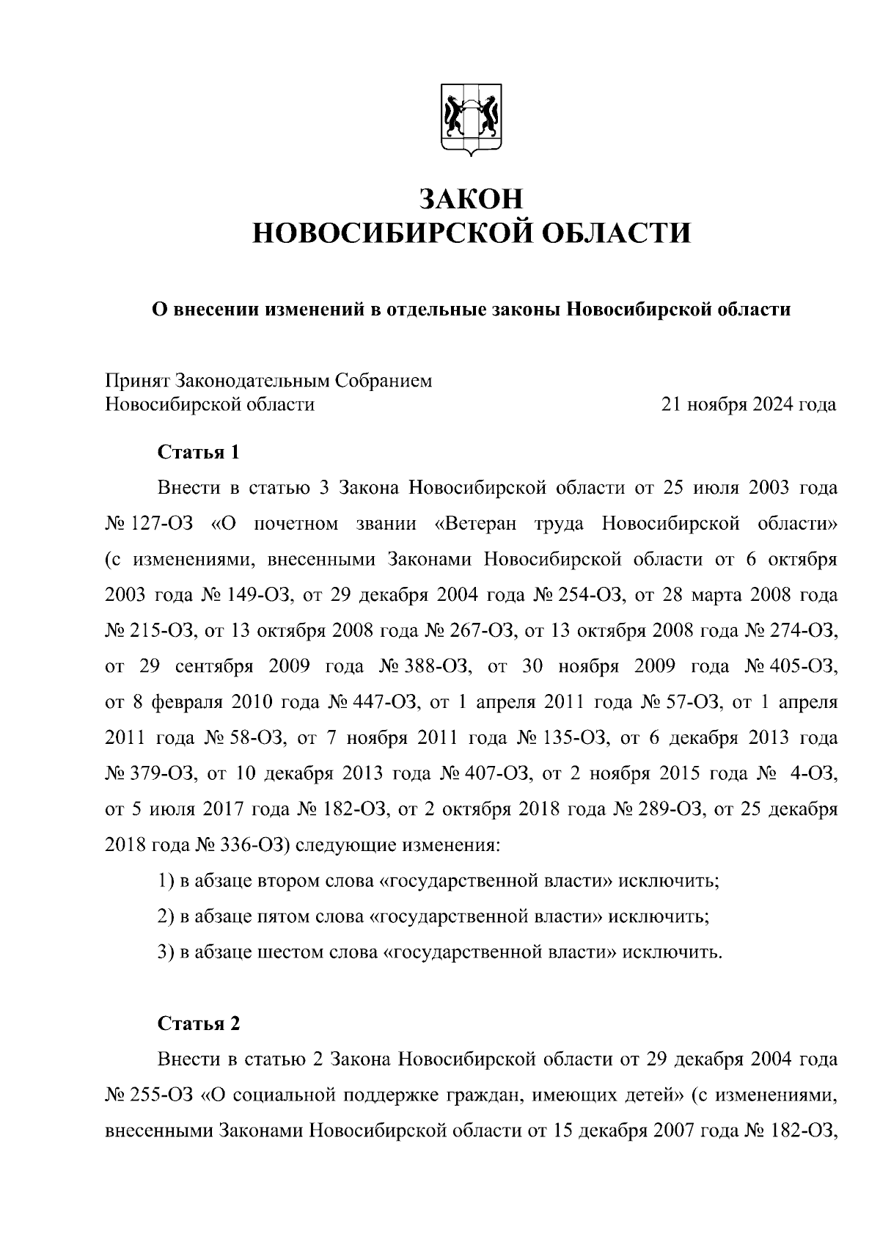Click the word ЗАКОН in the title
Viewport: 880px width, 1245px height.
point(471,198)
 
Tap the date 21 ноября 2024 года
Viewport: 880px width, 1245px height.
point(748,404)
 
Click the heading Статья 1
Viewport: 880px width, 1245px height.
point(199,452)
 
